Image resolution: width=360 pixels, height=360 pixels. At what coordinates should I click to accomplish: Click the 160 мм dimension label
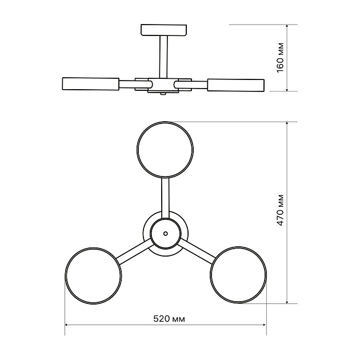(281, 58)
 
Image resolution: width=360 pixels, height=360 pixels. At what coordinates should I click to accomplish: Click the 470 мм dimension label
(281, 210)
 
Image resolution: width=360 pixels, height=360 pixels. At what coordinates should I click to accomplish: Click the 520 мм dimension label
(169, 319)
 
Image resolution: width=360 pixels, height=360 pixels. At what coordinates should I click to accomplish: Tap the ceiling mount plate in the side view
(163, 30)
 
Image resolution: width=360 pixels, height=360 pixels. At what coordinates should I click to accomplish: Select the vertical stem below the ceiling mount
(163, 57)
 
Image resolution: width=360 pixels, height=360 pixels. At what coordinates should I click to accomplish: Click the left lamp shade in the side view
(91, 83)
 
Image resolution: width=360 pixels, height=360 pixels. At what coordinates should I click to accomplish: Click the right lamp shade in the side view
(236, 85)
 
